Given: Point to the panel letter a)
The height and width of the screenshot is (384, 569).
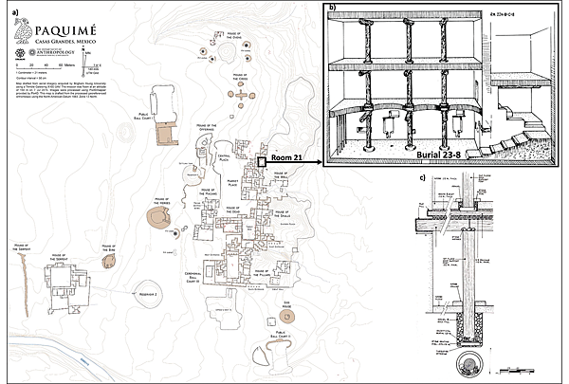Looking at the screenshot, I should [10, 10].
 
